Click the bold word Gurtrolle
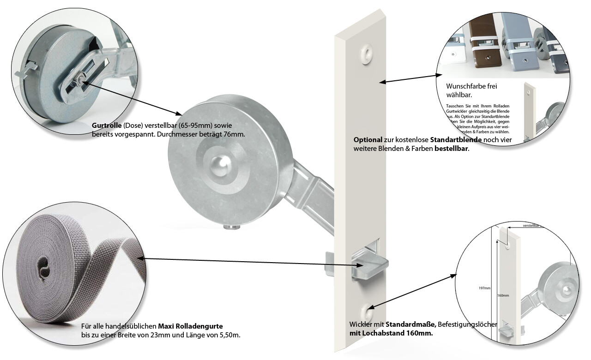(x=107, y=126)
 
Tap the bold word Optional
(x=368, y=139)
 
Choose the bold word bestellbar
(x=451, y=149)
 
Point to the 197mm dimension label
(x=484, y=288)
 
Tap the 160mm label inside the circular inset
(x=503, y=295)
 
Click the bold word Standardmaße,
(x=410, y=324)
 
